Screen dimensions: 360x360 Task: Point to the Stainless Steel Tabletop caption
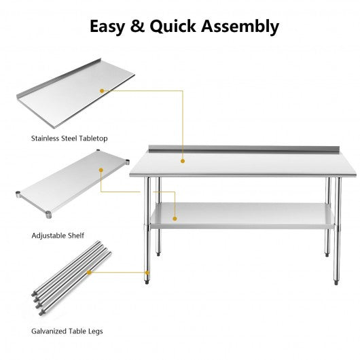[69, 138]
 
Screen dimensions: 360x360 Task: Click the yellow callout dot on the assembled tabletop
[181, 161]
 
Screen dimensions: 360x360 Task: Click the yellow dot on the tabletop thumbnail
[103, 90]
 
